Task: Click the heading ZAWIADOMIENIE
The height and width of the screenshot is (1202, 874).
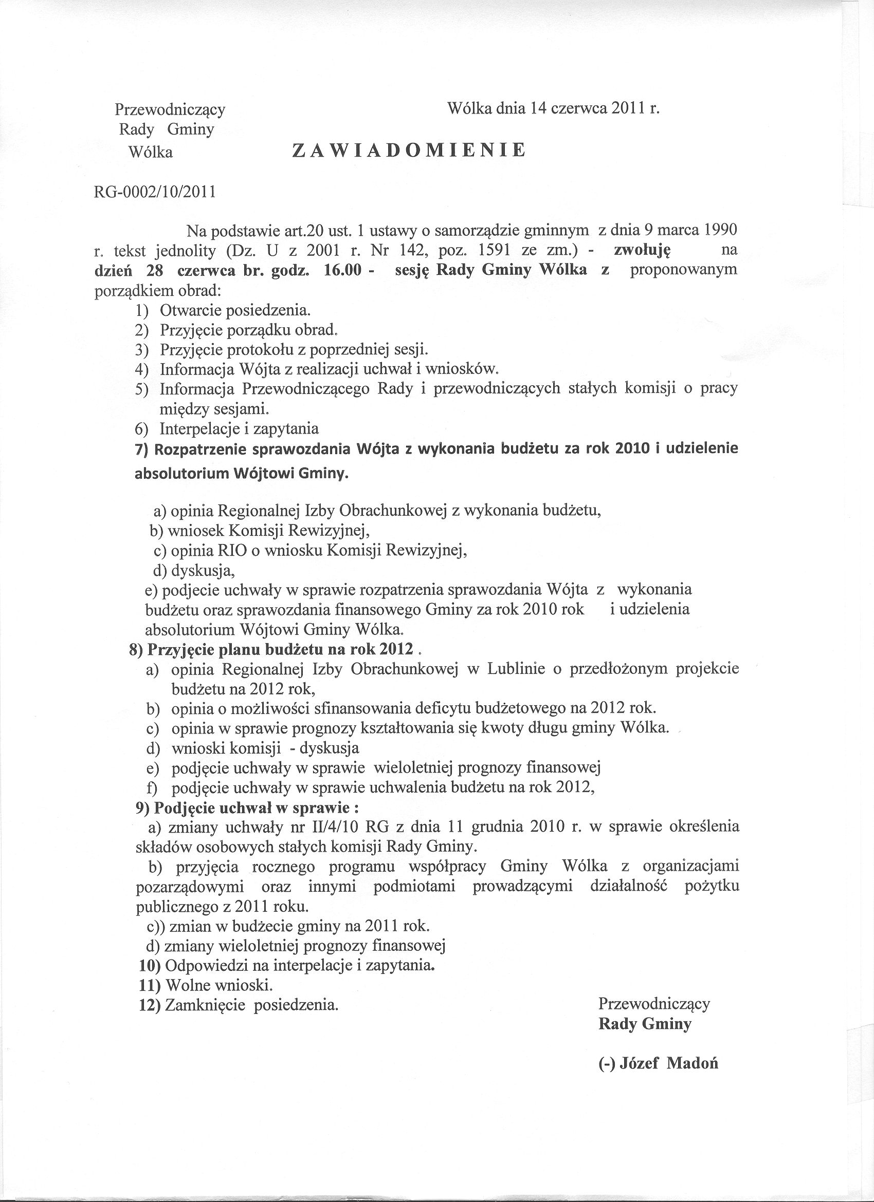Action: [x=409, y=150]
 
